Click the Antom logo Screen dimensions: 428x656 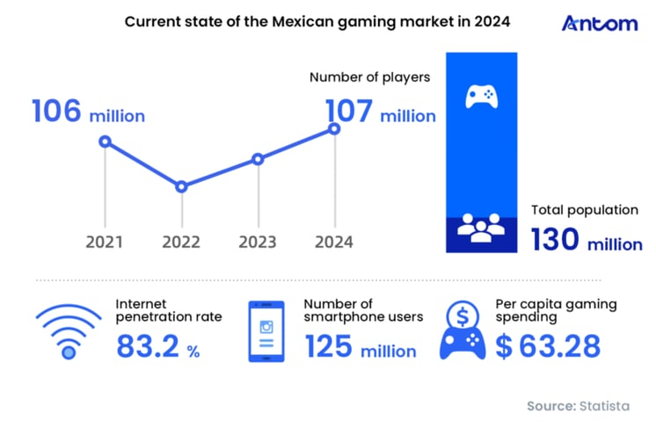599,23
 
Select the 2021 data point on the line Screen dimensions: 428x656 106,141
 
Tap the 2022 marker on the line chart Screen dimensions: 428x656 181,186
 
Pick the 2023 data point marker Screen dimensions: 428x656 258,159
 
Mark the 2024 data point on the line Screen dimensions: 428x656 334,128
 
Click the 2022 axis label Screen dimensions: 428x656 181,242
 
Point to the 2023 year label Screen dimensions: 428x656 258,242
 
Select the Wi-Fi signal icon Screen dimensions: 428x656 67,332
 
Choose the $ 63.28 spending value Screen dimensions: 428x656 547,347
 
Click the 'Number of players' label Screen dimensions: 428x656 369,77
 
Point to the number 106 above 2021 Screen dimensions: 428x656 57,112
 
